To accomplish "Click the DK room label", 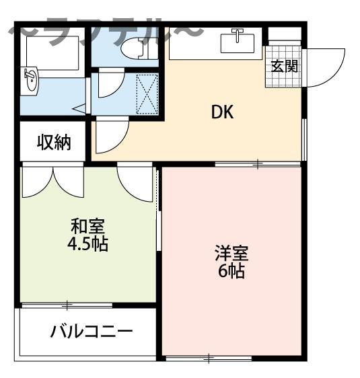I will pos(222,112).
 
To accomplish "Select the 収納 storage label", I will pos(53,143).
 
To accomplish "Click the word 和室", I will pos(88,227).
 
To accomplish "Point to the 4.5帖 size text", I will pos(88,243).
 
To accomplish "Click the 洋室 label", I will pos(231,254).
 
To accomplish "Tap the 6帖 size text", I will pos(231,271).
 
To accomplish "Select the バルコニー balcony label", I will pos(91,332).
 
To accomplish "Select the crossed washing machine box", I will pos(147,93).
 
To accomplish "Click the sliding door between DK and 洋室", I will pos(258,163).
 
